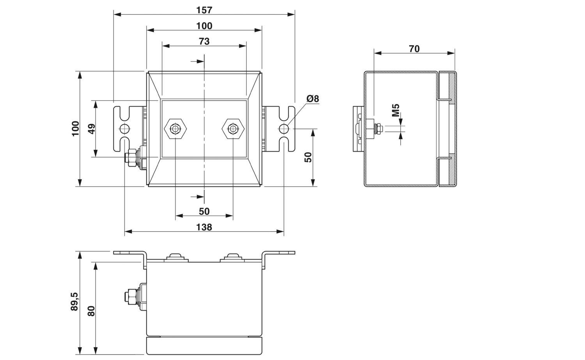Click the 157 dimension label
[x=204, y=10]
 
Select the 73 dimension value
[x=204, y=41]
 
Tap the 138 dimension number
[x=204, y=227]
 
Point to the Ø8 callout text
[x=313, y=99]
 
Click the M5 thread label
[x=396, y=110]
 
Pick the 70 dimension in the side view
[x=414, y=49]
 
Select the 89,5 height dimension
[x=74, y=301]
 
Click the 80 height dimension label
[x=91, y=311]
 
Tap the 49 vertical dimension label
[x=91, y=129]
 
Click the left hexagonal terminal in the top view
[x=175, y=129]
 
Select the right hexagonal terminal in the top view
[x=233, y=129]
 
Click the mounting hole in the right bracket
[x=284, y=129]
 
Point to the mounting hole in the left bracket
[x=124, y=129]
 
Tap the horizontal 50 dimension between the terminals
[x=204, y=211]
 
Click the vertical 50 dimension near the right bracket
[x=308, y=157]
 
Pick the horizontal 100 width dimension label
[x=204, y=26]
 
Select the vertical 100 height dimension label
[x=76, y=129]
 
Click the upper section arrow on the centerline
[x=197, y=61]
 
